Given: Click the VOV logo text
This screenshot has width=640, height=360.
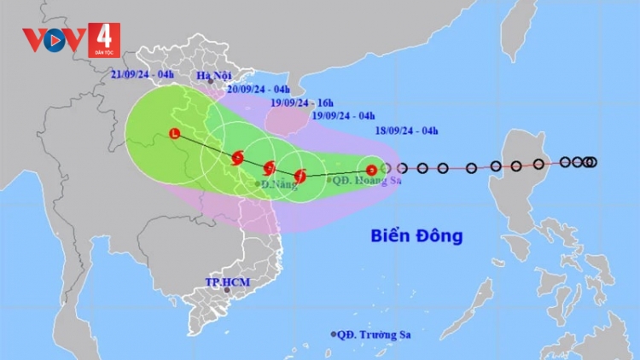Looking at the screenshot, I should [53, 38].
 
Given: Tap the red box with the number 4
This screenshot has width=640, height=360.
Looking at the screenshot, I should [103, 39].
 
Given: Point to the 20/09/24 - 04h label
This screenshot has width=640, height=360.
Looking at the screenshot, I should [259, 89].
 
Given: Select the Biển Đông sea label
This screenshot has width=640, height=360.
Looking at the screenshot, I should [416, 235].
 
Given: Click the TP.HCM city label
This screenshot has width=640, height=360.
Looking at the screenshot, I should [224, 282].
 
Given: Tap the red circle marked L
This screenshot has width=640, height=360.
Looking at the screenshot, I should [175, 134].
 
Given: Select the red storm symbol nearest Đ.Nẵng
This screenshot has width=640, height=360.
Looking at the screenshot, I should [270, 167].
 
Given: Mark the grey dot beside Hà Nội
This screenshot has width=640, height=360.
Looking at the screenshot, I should [211, 82].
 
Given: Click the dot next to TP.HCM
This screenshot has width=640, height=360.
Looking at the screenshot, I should [227, 290].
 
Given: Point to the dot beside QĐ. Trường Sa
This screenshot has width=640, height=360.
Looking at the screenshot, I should [334, 334].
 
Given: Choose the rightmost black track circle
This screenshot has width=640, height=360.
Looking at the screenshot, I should [592, 162].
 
